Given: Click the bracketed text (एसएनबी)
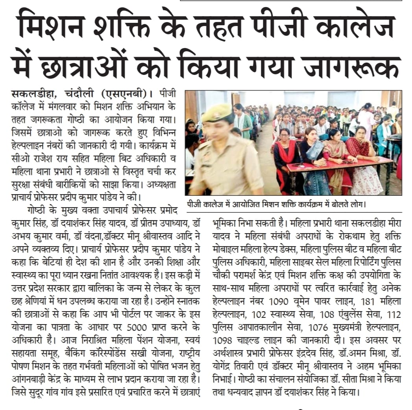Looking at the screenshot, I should pyautogui.click(x=127, y=95).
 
